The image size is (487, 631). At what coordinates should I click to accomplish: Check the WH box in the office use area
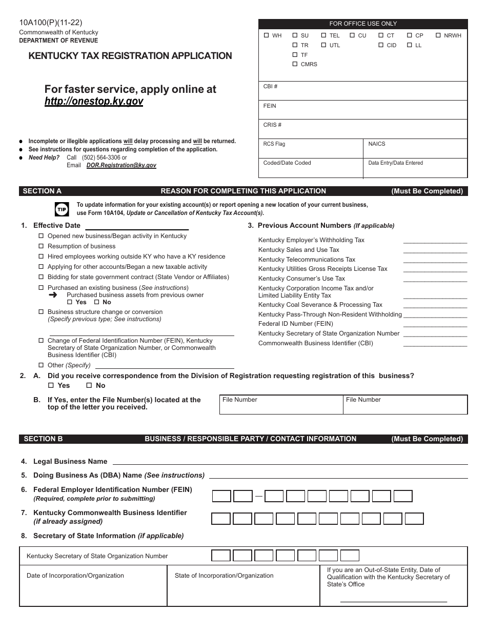pyautogui.click(x=266, y=36)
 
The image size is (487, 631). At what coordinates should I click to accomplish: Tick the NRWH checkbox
pyautogui.click(x=438, y=36)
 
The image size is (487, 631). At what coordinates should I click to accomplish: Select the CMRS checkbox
pyautogui.click(x=295, y=64)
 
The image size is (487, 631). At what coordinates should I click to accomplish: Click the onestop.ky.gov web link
pyautogui.click(x=94, y=102)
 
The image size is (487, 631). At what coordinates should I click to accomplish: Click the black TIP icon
pyautogui.click(x=61, y=209)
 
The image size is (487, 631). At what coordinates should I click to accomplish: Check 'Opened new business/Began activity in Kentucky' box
pyautogui.click(x=42, y=236)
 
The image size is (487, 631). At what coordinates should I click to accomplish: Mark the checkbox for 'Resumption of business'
pyautogui.click(x=42, y=246)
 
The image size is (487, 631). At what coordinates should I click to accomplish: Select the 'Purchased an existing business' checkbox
pyautogui.click(x=42, y=288)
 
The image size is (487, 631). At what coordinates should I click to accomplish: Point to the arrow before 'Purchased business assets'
pyautogui.click(x=52, y=295)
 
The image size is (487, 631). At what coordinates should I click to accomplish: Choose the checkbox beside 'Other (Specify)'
pyautogui.click(x=42, y=365)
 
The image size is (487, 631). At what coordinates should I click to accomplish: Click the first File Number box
pyautogui.click(x=281, y=405)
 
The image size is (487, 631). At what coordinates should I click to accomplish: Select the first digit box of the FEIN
pyautogui.click(x=221, y=496)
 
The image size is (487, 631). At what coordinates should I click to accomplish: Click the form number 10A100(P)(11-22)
pyautogui.click(x=50, y=22)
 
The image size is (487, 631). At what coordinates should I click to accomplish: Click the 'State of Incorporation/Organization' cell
pyautogui.click(x=246, y=585)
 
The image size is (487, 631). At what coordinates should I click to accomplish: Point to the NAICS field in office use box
pyautogui.click(x=415, y=148)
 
